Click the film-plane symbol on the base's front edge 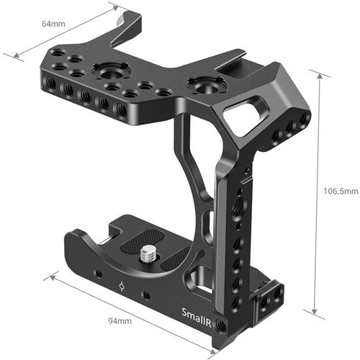122,286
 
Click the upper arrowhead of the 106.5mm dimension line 314,72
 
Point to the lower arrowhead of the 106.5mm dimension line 314,312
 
